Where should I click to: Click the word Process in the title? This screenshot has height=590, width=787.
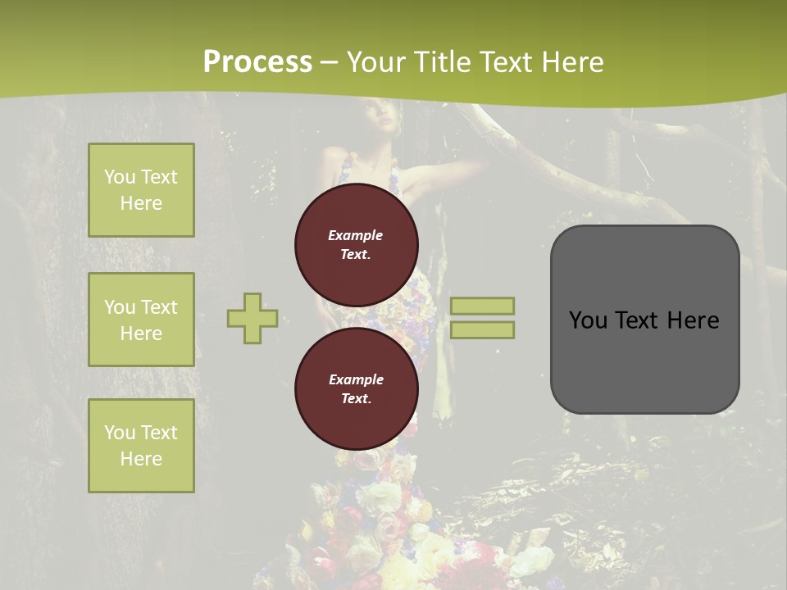tap(257, 62)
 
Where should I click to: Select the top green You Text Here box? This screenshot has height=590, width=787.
tap(141, 190)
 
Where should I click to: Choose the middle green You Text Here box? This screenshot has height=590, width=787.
tap(141, 320)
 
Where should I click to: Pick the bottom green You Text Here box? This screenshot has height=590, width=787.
tap(141, 446)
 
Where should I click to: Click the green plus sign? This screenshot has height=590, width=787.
tap(252, 318)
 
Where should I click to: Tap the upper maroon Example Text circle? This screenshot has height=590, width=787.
tap(357, 245)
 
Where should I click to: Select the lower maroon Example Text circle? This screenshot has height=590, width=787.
tap(357, 389)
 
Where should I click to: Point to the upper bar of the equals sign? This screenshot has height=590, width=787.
tap(482, 306)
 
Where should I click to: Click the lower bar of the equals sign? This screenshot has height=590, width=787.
tap(482, 329)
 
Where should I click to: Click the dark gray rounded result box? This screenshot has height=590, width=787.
tap(644, 320)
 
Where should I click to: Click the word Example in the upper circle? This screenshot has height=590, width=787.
tap(356, 236)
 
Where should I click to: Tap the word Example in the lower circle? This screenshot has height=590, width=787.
tap(357, 380)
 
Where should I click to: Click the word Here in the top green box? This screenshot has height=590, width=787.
tap(141, 203)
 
